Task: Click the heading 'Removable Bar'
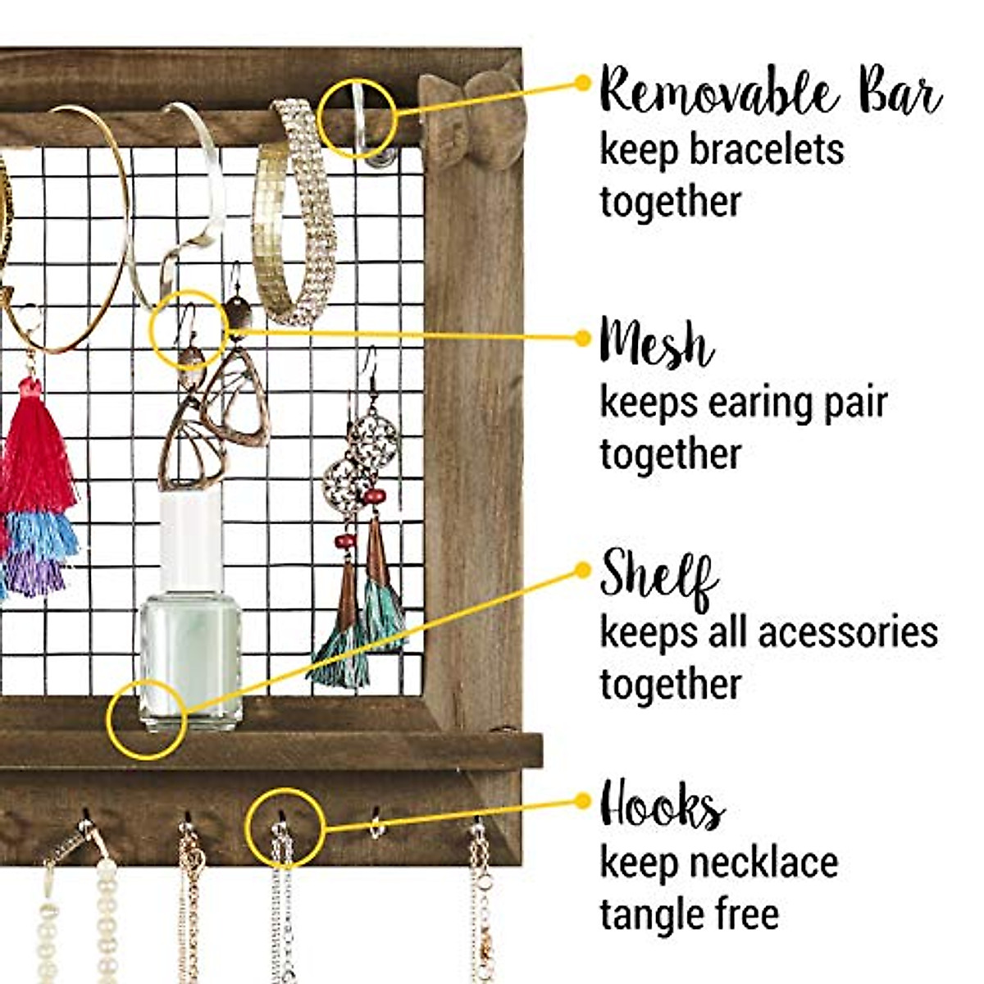771,92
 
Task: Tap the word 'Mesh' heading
656,343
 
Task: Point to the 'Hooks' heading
663,807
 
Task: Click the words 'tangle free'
689,913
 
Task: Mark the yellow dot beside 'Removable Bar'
583,82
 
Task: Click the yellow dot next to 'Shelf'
583,569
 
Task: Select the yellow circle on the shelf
147,718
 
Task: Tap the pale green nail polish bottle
190,656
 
